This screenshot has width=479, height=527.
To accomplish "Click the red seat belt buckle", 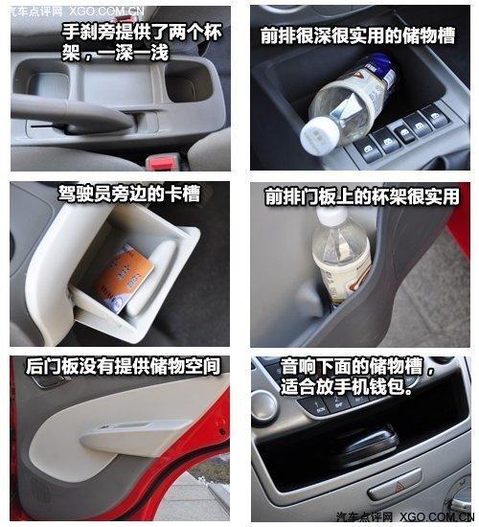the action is click(163, 162).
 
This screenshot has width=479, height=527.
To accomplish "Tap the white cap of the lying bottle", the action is click(319, 134).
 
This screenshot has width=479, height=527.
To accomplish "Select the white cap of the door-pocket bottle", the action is click(331, 215).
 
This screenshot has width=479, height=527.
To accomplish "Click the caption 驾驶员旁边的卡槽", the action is click(128, 194).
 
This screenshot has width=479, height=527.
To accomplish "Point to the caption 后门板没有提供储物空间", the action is click(123, 366).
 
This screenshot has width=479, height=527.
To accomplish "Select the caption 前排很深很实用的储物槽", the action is click(357, 35).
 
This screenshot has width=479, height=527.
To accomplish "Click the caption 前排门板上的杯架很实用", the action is click(362, 196).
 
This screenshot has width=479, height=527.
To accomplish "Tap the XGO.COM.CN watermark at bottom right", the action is click(437, 517).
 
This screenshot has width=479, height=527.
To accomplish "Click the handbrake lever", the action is click(72, 113).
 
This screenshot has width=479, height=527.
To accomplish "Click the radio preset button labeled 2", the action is click(337, 401).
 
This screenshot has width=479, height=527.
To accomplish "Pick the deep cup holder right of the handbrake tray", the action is click(189, 82).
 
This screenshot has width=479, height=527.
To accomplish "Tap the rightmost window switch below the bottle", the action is click(436, 116).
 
